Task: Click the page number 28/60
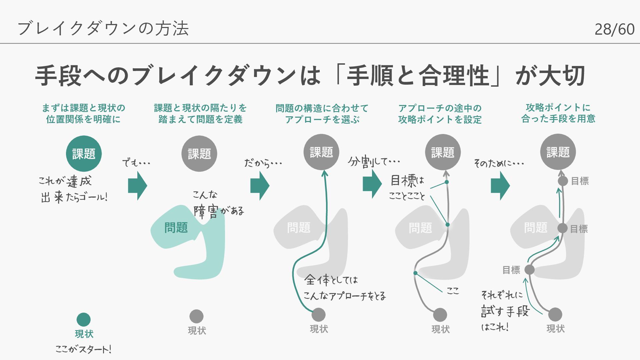(614, 29)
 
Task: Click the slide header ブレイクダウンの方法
(103, 28)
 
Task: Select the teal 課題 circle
(84, 154)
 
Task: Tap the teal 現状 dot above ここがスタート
(84, 319)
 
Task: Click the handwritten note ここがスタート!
(83, 349)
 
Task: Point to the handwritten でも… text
(136, 163)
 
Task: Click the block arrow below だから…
(260, 186)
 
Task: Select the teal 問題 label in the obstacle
(176, 228)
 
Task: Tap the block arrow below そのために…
(500, 186)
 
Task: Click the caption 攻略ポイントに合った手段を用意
(558, 113)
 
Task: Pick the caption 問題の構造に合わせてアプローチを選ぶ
(322, 114)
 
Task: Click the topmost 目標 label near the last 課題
(580, 181)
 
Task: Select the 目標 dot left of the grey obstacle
(529, 270)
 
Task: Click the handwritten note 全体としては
(331, 280)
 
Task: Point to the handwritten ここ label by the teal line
(453, 291)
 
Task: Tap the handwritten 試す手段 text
(505, 311)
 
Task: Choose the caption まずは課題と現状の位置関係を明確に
(83, 114)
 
